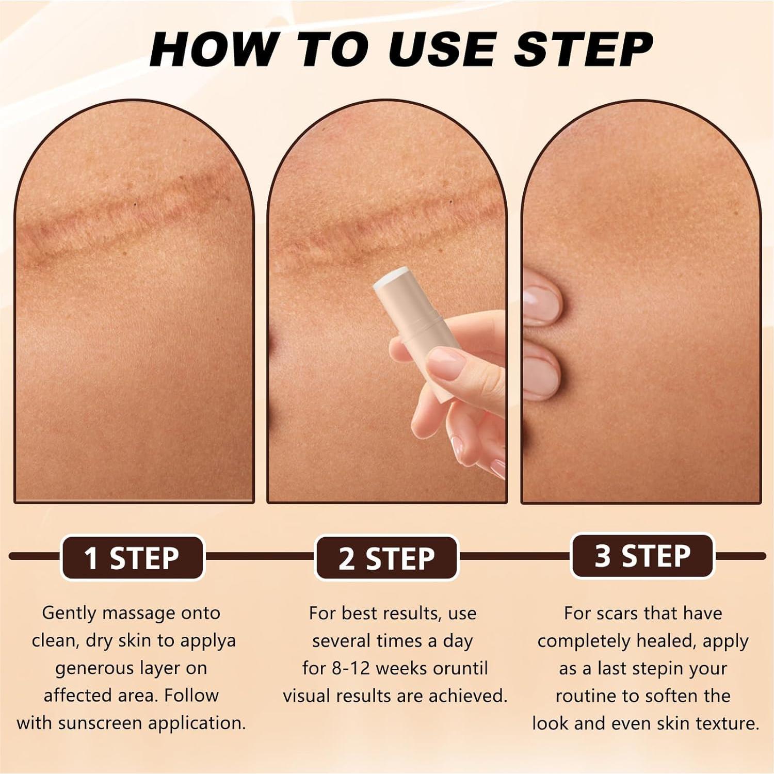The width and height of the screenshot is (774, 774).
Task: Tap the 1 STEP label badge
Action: point(132,558)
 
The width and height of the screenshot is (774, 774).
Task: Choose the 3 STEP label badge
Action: point(642,556)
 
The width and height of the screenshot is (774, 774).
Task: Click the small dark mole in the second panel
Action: point(450,202)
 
